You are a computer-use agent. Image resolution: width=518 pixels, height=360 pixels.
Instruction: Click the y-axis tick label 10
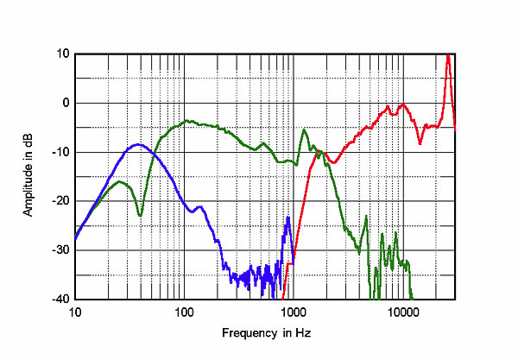click(63, 54)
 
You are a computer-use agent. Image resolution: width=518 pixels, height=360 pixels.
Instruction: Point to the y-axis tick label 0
click(66, 103)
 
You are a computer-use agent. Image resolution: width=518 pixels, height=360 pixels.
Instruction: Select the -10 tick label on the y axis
click(60, 152)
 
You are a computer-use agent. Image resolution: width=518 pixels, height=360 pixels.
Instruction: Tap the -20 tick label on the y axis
click(60, 201)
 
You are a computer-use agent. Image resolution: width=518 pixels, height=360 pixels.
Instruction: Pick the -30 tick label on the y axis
click(60, 250)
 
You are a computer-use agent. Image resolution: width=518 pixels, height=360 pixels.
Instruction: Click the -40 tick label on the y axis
click(60, 300)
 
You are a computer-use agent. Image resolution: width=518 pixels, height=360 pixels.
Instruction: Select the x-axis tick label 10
click(75, 312)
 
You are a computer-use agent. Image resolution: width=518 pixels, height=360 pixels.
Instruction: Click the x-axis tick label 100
click(183, 312)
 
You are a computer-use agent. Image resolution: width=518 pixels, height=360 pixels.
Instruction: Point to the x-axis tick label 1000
click(293, 312)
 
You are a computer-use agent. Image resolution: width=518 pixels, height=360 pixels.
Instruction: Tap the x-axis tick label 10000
click(402, 312)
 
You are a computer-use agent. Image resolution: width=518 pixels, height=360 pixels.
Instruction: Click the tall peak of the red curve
click(448, 56)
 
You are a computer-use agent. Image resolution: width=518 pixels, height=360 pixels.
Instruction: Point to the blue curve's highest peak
click(137, 145)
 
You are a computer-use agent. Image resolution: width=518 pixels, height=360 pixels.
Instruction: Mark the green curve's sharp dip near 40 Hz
click(140, 216)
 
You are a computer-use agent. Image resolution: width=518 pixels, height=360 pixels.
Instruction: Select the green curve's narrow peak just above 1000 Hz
click(304, 130)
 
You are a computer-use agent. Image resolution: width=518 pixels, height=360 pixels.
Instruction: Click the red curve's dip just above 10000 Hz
click(420, 142)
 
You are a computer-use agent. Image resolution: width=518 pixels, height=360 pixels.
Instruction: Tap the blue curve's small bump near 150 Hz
click(200, 207)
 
